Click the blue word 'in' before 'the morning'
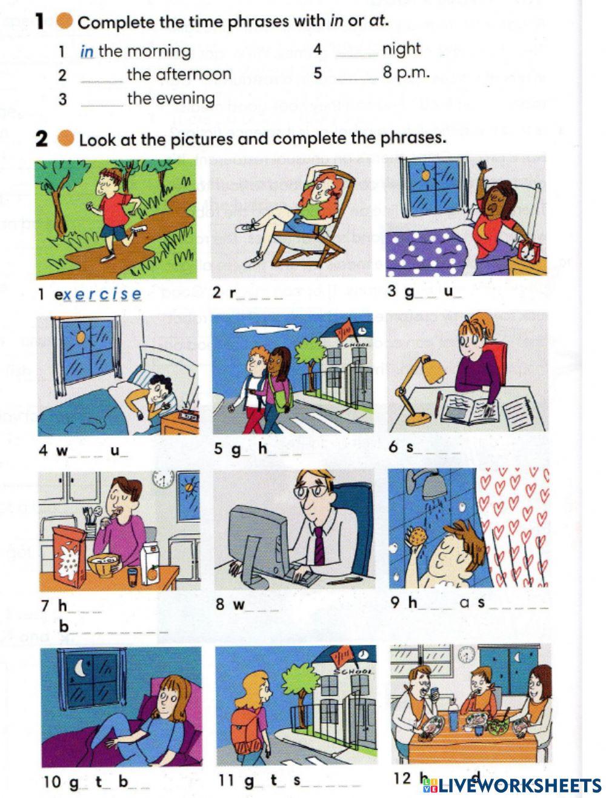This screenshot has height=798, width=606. coord(87,52)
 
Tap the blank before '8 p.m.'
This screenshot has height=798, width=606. coord(357,75)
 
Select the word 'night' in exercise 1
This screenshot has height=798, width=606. coord(401,48)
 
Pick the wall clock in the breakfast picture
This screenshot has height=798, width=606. coord(163,480)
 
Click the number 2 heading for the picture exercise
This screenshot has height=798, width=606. coord(41,139)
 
